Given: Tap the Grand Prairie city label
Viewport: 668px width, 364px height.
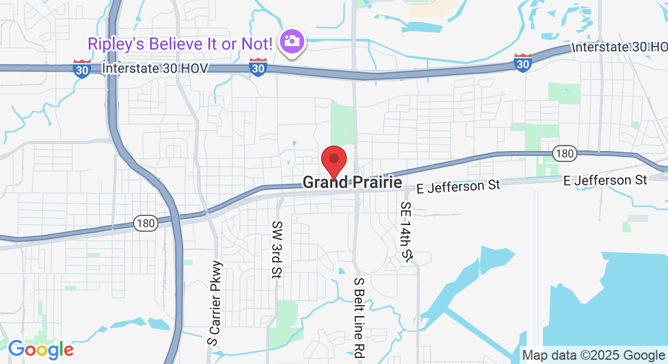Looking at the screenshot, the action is click(x=352, y=182).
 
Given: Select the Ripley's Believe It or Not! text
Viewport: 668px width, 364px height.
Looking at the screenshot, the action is click(x=180, y=43).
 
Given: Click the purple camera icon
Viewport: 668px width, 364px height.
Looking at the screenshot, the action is click(x=292, y=41).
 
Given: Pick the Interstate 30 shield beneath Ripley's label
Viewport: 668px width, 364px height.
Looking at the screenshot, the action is click(x=258, y=68).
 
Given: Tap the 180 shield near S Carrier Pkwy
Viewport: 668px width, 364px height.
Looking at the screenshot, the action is click(x=146, y=223).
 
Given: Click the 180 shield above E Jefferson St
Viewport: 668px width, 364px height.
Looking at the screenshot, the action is click(x=565, y=153).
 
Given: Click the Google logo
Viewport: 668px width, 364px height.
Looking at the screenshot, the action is click(x=41, y=349).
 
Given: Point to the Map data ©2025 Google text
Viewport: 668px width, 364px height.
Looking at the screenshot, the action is click(x=594, y=355).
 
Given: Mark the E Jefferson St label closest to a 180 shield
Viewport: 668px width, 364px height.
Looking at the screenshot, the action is click(x=605, y=180).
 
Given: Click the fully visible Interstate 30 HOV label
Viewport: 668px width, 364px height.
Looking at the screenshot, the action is click(x=155, y=68).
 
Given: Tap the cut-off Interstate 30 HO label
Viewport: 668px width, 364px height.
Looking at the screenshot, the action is click(x=619, y=47).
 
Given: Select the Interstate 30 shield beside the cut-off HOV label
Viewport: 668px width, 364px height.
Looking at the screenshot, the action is click(x=523, y=62).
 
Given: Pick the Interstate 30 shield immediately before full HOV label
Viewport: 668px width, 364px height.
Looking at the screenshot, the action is click(x=82, y=69).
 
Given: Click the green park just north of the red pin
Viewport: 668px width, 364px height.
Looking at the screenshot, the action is click(x=341, y=124).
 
